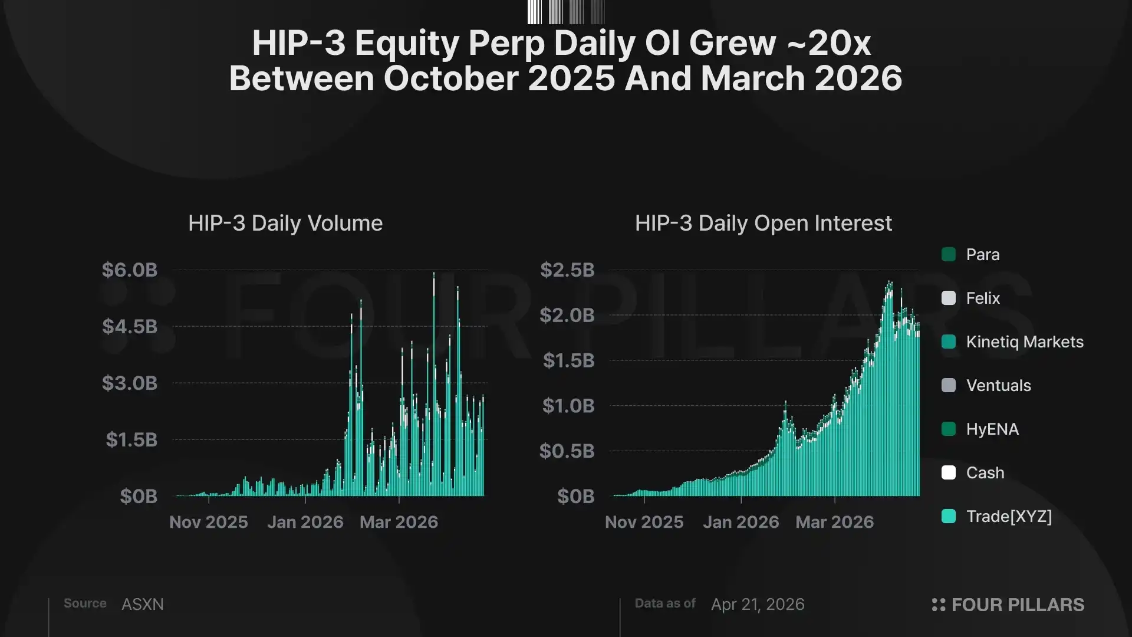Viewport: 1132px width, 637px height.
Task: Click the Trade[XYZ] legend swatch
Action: pos(949,517)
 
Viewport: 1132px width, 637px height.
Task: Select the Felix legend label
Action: pos(983,298)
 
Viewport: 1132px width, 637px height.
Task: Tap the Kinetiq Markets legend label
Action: pos(1025,342)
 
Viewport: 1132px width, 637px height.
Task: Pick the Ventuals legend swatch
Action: pos(949,386)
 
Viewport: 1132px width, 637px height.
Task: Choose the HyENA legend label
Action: pos(992,429)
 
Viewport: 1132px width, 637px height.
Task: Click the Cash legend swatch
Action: pos(949,473)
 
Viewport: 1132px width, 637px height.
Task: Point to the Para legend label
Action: pos(983,255)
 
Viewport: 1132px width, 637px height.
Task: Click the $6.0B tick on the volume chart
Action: pos(130,270)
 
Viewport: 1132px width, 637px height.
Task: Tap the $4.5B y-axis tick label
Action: pos(130,327)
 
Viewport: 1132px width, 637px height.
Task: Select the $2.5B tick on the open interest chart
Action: pos(567,270)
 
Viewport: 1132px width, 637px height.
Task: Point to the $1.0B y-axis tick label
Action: pos(568,406)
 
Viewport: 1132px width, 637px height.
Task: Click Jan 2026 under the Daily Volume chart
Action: pos(305,522)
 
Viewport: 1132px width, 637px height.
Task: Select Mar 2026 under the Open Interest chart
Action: pos(834,522)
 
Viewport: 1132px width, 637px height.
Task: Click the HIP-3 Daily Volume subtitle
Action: pos(285,224)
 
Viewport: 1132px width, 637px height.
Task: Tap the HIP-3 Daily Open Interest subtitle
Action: pos(763,224)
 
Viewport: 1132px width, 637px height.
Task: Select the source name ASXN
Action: pos(143,605)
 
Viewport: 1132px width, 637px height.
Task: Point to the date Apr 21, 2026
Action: pos(758,605)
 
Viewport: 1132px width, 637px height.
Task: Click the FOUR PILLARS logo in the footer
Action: pos(1008,605)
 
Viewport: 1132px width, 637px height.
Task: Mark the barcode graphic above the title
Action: pos(566,12)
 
